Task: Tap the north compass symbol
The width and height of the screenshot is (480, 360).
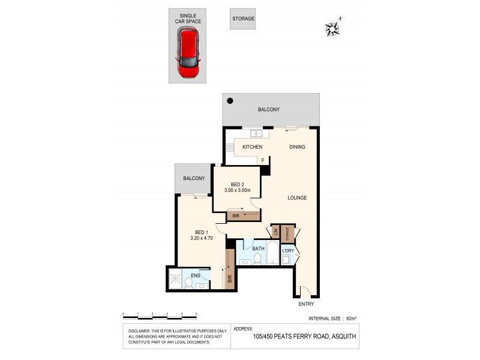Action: pyautogui.click(x=331, y=28)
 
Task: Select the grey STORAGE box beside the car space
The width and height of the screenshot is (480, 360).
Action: pyautogui.click(x=243, y=19)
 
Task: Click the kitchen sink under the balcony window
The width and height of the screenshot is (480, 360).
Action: pyautogui.click(x=256, y=133)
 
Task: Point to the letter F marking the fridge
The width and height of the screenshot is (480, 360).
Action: pyautogui.click(x=262, y=160)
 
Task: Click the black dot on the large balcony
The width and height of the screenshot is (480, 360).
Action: pyautogui.click(x=230, y=101)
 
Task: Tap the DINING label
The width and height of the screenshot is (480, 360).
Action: pyautogui.click(x=297, y=147)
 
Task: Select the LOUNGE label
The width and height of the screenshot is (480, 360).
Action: pyautogui.click(x=297, y=198)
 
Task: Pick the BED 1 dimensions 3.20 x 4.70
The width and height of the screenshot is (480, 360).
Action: pyautogui.click(x=201, y=238)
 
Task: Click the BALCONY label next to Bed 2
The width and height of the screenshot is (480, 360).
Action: pyautogui.click(x=194, y=178)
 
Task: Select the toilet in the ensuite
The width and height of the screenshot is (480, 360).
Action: pyautogui.click(x=188, y=282)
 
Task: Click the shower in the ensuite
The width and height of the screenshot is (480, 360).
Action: pyautogui.click(x=176, y=279)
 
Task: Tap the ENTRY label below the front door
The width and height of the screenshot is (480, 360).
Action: pyautogui.click(x=305, y=304)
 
